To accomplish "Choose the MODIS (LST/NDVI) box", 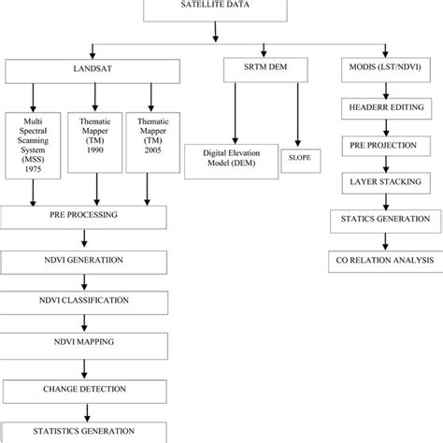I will [x=383, y=71].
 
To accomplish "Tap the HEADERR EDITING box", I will [x=383, y=108].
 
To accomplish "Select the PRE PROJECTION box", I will [x=383, y=146].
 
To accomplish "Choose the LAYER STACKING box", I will [x=383, y=182].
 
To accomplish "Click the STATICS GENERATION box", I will [x=383, y=220].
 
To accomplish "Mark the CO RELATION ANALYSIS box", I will [x=383, y=260].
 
